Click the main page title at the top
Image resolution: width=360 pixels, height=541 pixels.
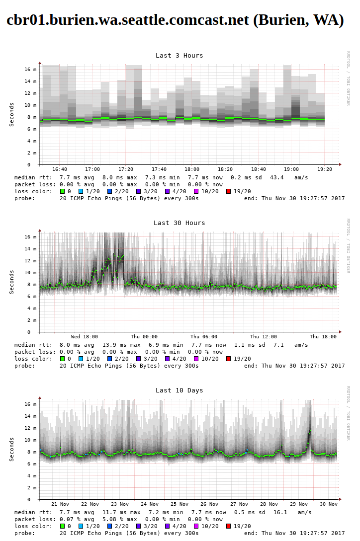click(x=175, y=19)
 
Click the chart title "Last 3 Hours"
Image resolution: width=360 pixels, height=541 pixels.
click(x=179, y=56)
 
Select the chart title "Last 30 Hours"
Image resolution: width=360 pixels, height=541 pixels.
click(x=179, y=223)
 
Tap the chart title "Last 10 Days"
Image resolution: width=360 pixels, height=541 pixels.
click(x=179, y=390)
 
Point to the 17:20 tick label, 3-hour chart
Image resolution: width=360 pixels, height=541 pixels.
click(x=126, y=169)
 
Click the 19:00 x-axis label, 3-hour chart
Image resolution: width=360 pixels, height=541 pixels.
click(x=291, y=169)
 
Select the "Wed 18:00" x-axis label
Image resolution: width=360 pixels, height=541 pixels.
click(x=85, y=337)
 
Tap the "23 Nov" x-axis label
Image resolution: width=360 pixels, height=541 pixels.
click(x=120, y=504)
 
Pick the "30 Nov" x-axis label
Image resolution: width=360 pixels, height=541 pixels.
click(x=328, y=504)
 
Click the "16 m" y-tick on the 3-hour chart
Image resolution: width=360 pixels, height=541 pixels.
click(x=31, y=70)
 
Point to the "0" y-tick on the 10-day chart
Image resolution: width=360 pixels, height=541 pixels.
click(x=35, y=499)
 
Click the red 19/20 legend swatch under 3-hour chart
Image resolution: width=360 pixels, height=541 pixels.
click(x=229, y=191)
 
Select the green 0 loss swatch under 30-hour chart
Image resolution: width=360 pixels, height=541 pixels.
click(x=63, y=359)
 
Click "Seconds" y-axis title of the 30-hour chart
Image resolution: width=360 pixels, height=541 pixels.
click(x=12, y=282)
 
